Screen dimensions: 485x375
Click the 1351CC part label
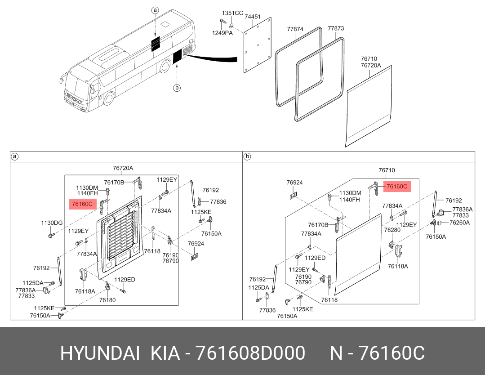232,13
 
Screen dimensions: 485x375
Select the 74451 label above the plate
253,17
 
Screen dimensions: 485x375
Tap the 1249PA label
222,33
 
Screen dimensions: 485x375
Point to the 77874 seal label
295,29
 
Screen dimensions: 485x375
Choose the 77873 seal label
336,28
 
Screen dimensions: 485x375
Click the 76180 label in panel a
107,300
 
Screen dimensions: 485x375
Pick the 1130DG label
52,223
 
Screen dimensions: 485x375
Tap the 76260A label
459,223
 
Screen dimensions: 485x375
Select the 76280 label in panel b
392,230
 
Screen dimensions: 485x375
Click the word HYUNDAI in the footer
100,353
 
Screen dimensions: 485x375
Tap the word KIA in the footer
165,353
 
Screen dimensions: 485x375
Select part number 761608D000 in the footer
250,353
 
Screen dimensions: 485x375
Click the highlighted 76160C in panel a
83,204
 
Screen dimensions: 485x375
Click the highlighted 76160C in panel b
397,187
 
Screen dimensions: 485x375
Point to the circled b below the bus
177,88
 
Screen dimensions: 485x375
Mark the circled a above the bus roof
155,10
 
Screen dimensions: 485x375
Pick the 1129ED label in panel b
315,258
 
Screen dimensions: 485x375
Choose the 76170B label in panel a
114,183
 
